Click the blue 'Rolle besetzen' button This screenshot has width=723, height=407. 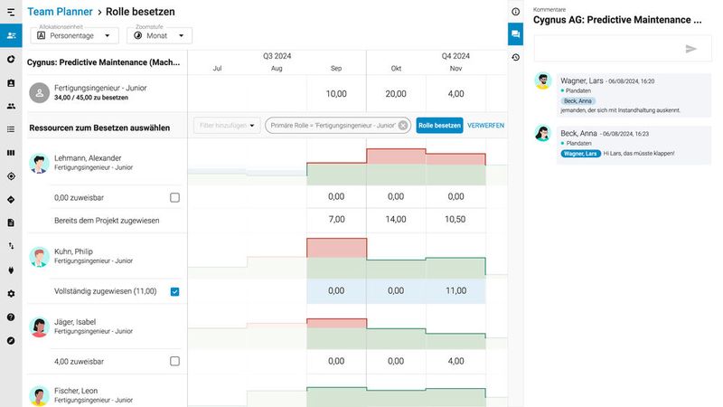439,126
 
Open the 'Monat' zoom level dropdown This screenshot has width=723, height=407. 159,36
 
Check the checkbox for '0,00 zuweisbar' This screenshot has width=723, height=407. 174,197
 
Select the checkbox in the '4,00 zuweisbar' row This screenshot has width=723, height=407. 174,361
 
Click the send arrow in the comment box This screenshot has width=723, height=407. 691,49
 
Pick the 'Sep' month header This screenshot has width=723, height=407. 336,69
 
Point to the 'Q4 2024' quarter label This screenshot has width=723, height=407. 455,55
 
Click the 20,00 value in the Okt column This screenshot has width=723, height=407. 396,93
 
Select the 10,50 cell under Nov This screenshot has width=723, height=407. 455,219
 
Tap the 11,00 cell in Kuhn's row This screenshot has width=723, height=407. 455,290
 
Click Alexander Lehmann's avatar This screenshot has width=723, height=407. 39,163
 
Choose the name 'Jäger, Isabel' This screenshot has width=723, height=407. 75,321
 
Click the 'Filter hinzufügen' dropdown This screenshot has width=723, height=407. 227,126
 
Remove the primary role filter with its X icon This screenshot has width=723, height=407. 403,126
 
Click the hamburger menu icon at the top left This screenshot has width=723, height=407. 11,12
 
